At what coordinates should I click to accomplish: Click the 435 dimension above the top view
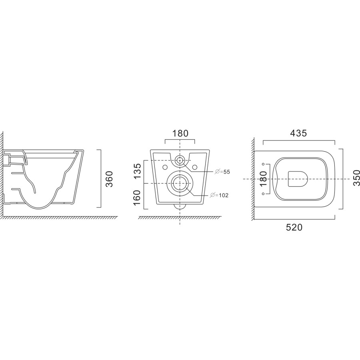[299, 134]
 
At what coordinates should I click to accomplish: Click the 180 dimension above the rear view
[180, 133]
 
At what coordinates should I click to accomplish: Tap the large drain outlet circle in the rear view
[180, 183]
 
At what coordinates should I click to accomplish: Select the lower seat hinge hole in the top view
[263, 194]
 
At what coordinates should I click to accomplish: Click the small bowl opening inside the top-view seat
[297, 178]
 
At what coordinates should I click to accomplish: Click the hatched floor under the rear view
[180, 218]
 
